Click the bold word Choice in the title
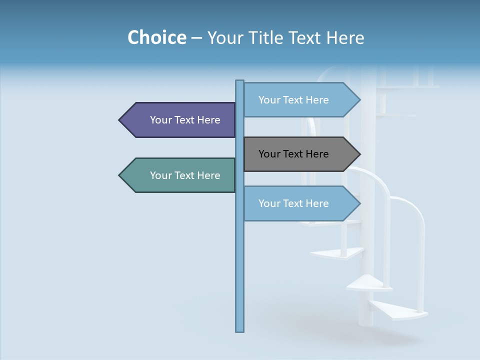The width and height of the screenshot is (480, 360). (x=156, y=37)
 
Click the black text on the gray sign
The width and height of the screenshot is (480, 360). (x=293, y=154)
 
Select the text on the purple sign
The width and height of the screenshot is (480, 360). (x=185, y=120)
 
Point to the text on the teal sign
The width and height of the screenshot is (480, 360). (x=185, y=175)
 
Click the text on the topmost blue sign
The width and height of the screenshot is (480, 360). (x=293, y=100)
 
